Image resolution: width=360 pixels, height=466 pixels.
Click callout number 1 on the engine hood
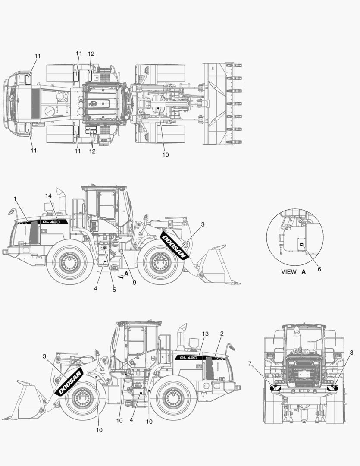15,198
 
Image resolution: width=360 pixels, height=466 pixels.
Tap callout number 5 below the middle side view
114,290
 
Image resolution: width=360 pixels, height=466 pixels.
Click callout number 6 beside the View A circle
319,269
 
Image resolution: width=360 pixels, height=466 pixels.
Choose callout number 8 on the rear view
351,353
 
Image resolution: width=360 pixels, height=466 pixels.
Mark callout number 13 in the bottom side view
205,334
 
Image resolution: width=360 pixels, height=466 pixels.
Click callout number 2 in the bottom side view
222,334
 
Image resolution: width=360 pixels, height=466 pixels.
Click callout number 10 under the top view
166,154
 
